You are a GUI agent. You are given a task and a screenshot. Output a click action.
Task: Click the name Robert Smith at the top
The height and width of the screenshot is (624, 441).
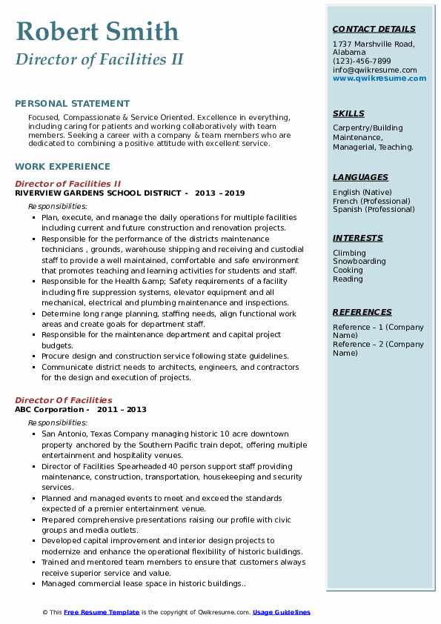coord(97,31)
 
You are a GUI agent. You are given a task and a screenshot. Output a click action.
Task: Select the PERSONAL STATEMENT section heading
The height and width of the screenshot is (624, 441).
coord(72,104)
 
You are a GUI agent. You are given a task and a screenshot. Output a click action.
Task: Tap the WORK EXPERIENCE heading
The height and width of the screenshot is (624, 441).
coord(62,167)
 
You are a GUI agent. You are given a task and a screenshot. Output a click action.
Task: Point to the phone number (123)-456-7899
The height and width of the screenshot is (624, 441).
coord(362,62)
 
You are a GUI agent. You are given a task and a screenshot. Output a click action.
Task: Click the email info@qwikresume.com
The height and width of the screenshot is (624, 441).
coord(374,70)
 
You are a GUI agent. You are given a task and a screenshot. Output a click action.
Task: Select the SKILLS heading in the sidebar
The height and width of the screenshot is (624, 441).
coord(348,113)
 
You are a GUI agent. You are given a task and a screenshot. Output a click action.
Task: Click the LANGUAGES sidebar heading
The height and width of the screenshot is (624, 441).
coord(360,177)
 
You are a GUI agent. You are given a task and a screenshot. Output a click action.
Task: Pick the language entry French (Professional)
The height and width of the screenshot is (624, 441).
coord(371,201)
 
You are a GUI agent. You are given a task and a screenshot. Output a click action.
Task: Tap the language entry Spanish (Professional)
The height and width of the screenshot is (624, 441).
coord(374,209)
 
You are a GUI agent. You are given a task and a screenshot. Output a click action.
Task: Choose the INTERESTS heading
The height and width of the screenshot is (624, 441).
coord(358,238)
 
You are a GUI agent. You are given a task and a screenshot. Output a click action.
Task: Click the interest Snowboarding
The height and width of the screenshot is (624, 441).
coord(359,262)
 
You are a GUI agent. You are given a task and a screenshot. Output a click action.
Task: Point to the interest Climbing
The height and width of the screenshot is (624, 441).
coord(349,253)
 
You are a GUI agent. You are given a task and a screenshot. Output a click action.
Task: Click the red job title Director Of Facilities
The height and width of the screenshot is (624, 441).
coord(64,400)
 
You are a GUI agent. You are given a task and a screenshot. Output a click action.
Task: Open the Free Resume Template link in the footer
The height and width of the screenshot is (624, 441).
coord(102,612)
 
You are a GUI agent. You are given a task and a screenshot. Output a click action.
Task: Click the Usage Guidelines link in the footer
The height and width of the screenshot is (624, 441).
coord(282,612)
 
